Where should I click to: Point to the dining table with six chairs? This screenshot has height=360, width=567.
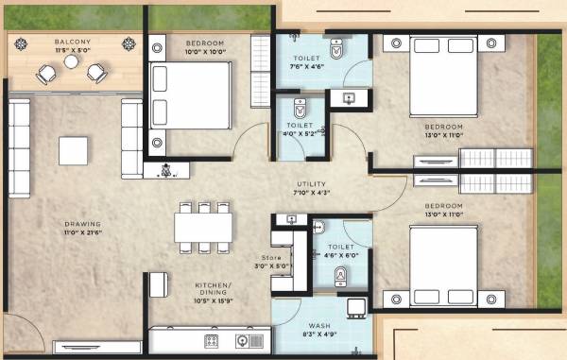pos(203,228)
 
